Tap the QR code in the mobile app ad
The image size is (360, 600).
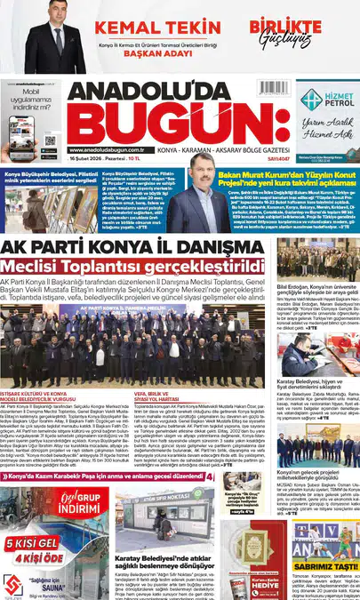tap(49, 143)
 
